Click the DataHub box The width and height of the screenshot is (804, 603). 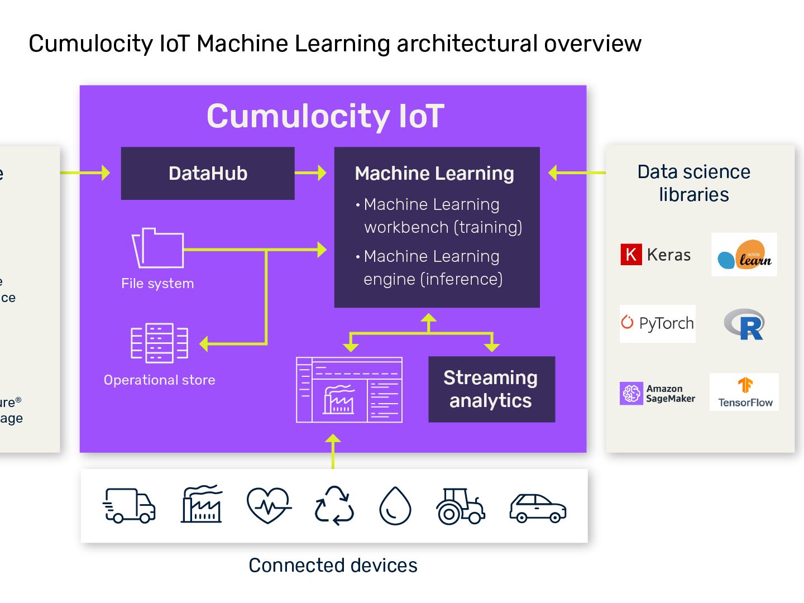coord(208,173)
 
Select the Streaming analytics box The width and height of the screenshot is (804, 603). coord(491,389)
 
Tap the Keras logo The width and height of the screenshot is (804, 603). coord(655,255)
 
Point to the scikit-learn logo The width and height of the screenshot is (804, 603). coord(744,255)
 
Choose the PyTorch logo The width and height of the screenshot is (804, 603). coord(658,323)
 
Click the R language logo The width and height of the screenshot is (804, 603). coord(744,324)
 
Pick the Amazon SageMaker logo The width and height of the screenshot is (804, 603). coord(658,393)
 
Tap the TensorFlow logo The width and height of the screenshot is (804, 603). coord(744,393)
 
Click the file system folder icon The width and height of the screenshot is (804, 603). coord(158,248)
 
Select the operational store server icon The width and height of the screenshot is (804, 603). coord(159,343)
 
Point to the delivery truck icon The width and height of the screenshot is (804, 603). coord(129,505)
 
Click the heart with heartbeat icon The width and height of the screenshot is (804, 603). coord(269,505)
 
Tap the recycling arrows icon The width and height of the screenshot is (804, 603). coord(334,505)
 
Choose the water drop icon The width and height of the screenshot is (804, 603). coord(395,506)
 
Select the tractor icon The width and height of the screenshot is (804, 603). coord(460,506)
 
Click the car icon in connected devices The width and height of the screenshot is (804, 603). coord(538,508)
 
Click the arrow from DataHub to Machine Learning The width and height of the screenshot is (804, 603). coord(310,173)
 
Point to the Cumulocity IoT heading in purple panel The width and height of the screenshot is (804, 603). coord(326,116)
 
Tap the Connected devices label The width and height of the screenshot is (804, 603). coord(333,565)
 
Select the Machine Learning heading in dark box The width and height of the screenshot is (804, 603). coord(434,174)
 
